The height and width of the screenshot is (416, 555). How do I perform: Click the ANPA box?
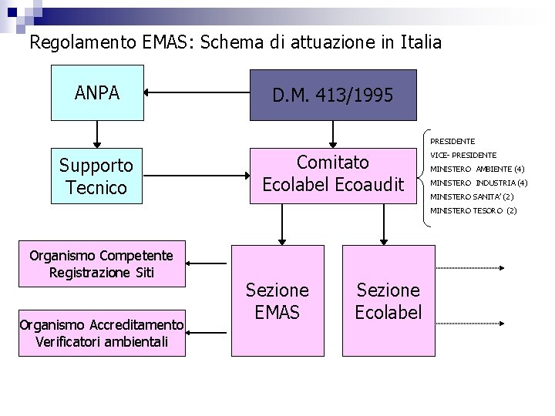pyautogui.click(x=97, y=93)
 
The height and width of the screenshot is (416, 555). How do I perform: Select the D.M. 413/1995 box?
pyautogui.click(x=334, y=96)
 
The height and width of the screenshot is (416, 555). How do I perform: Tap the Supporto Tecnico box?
pyautogui.click(x=97, y=176)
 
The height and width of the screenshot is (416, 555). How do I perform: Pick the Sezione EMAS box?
pyautogui.click(x=277, y=300)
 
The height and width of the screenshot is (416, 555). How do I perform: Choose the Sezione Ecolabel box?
pyautogui.click(x=388, y=300)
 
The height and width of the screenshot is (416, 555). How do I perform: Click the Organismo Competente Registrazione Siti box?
pyautogui.click(x=101, y=264)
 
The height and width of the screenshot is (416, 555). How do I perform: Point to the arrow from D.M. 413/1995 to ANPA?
pyautogui.click(x=197, y=94)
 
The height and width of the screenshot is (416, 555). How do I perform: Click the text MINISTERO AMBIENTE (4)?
pyautogui.click(x=477, y=169)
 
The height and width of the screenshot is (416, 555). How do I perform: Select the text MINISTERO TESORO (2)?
pyautogui.click(x=473, y=210)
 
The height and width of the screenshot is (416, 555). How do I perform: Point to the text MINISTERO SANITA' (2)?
pyautogui.click(x=472, y=196)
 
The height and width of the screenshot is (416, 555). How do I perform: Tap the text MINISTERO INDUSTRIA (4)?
pyautogui.click(x=478, y=183)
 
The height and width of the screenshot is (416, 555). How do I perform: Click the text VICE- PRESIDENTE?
pyautogui.click(x=462, y=155)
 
